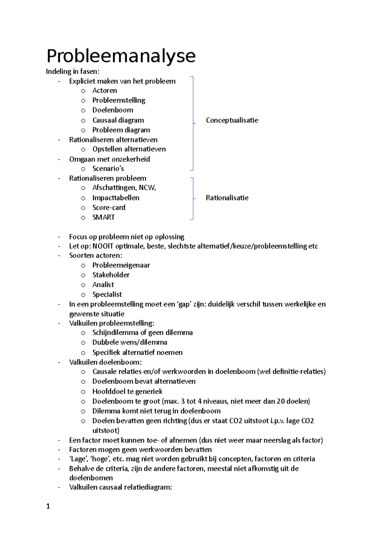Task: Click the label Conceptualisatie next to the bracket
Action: click(x=232, y=120)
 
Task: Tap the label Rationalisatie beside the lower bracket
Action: click(x=227, y=198)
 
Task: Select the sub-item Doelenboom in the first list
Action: click(x=113, y=110)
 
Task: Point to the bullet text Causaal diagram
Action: click(x=118, y=120)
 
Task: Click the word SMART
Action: click(x=103, y=217)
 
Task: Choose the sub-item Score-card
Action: click(x=109, y=207)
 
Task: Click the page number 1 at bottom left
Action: click(x=48, y=506)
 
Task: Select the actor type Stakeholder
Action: click(x=111, y=275)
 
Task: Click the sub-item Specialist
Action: click(x=107, y=294)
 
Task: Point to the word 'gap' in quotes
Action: click(x=184, y=304)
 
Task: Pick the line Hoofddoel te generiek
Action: click(x=127, y=391)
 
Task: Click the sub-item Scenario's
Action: click(x=108, y=169)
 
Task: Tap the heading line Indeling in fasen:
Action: click(x=73, y=71)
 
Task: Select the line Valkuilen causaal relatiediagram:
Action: click(x=120, y=487)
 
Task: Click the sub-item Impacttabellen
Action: click(x=116, y=198)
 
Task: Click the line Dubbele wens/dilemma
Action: click(x=130, y=342)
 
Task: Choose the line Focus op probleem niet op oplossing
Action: click(x=126, y=237)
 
